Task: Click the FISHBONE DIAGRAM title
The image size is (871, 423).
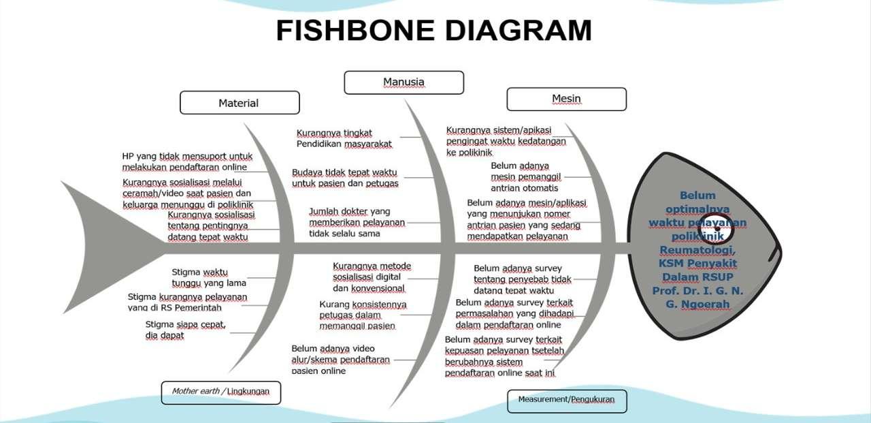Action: pyautogui.click(x=434, y=31)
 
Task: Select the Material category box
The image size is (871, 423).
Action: pyautogui.click(x=240, y=103)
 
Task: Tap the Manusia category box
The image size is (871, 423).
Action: pyautogui.click(x=404, y=82)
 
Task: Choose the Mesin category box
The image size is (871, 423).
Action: pyautogui.click(x=566, y=99)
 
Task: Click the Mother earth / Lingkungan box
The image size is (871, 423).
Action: pyautogui.click(x=221, y=392)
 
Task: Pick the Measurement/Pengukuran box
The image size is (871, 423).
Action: pyautogui.click(x=566, y=399)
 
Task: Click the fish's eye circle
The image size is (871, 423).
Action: pyautogui.click(x=717, y=229)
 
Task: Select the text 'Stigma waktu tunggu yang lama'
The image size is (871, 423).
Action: pyautogui.click(x=209, y=277)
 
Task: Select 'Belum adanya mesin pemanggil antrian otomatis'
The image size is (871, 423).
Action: pyautogui.click(x=525, y=176)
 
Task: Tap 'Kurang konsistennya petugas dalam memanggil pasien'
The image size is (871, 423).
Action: pyautogui.click(x=363, y=315)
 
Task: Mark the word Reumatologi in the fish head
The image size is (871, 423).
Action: pyautogui.click(x=697, y=249)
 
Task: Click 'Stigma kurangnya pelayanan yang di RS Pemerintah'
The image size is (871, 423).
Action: pyautogui.click(x=187, y=302)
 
